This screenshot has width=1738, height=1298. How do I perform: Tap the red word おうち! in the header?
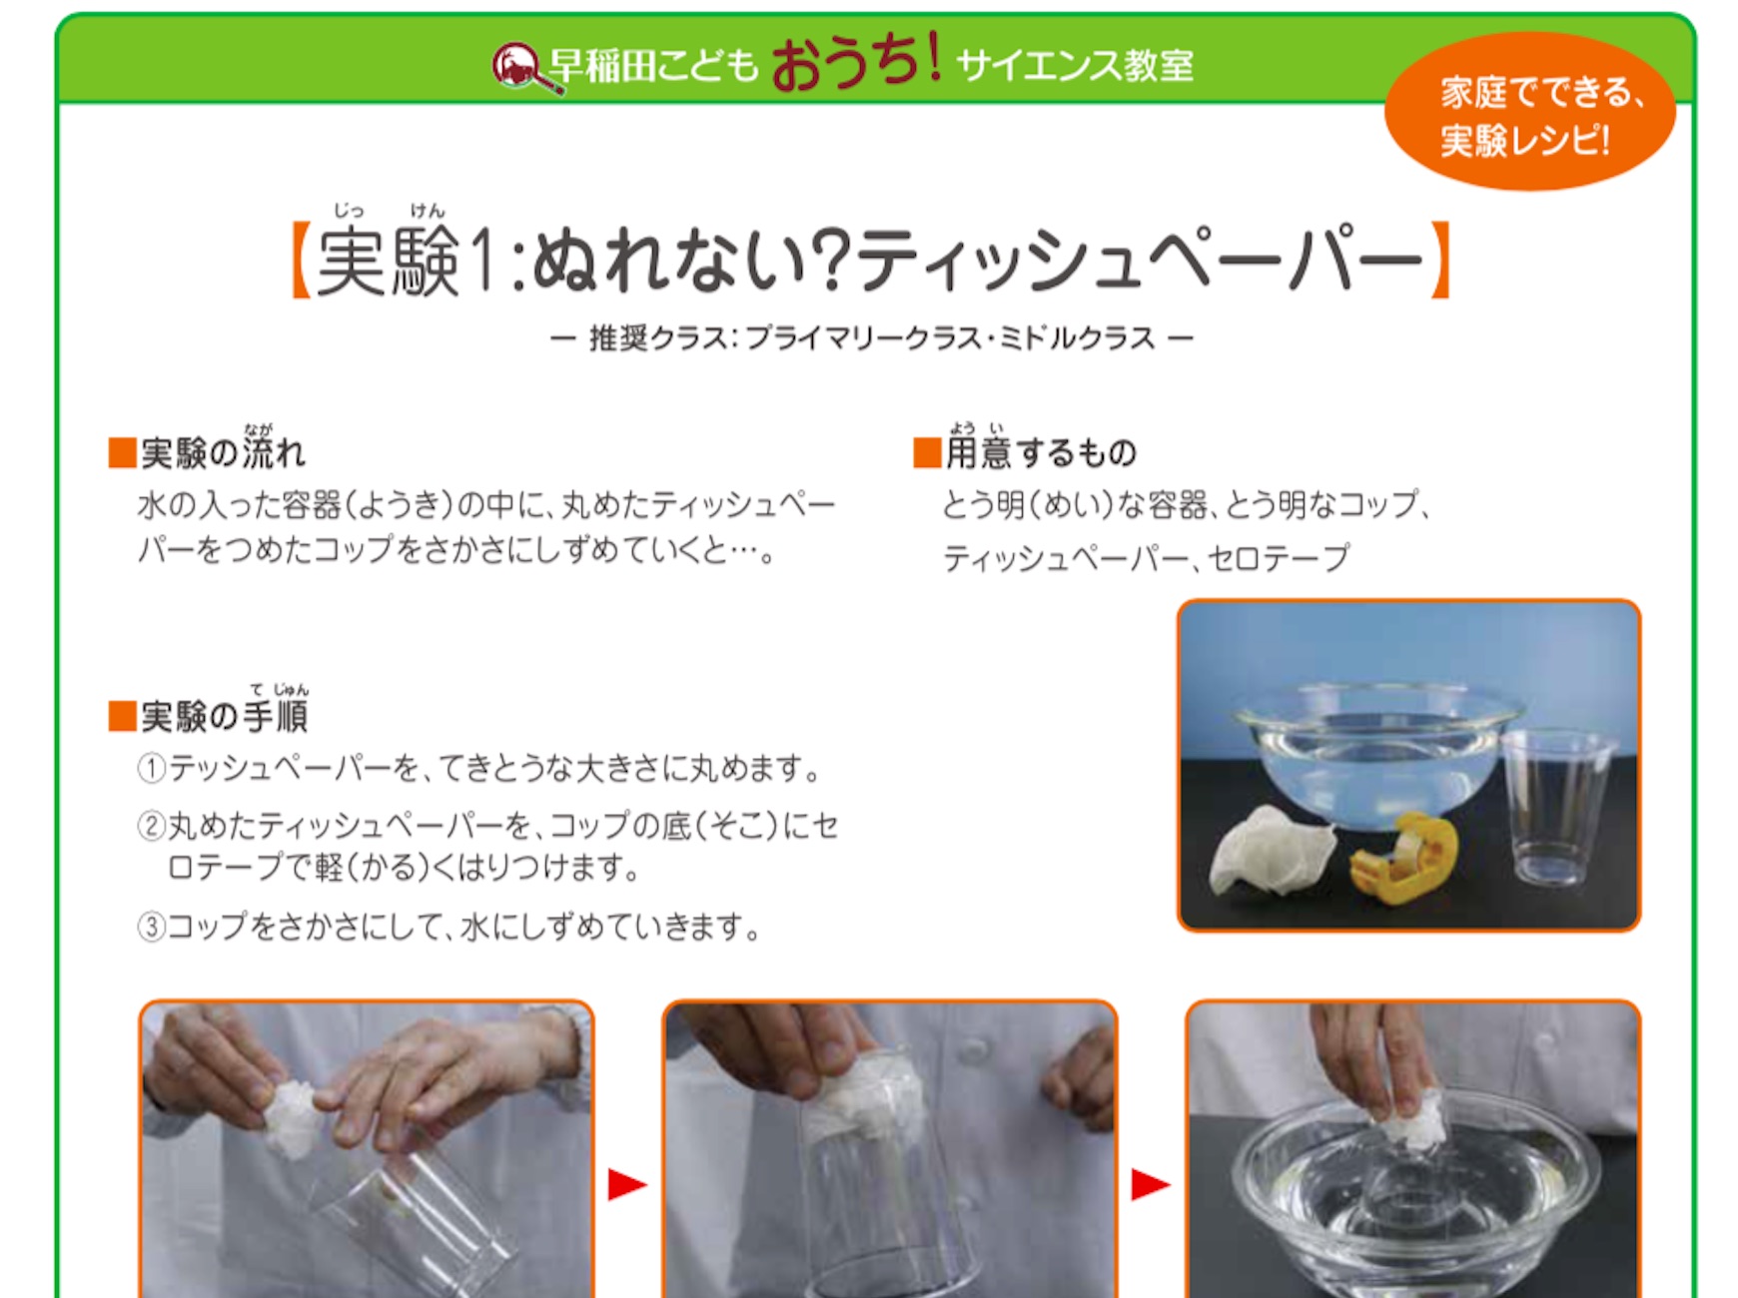856,62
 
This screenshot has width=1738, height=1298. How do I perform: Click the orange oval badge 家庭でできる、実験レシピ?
1529,113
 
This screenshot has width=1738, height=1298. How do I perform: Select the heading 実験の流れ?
207,451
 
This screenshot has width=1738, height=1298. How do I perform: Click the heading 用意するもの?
1025,449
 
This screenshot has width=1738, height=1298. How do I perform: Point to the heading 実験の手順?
209,711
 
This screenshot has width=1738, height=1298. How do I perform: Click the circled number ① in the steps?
151,769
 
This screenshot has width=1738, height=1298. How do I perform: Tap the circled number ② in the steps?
151,826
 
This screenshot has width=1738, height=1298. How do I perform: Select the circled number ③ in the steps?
151,927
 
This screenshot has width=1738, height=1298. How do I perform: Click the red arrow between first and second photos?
627,1185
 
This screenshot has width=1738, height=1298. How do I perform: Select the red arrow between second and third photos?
1151,1185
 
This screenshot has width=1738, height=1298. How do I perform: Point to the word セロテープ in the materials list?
1279,557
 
